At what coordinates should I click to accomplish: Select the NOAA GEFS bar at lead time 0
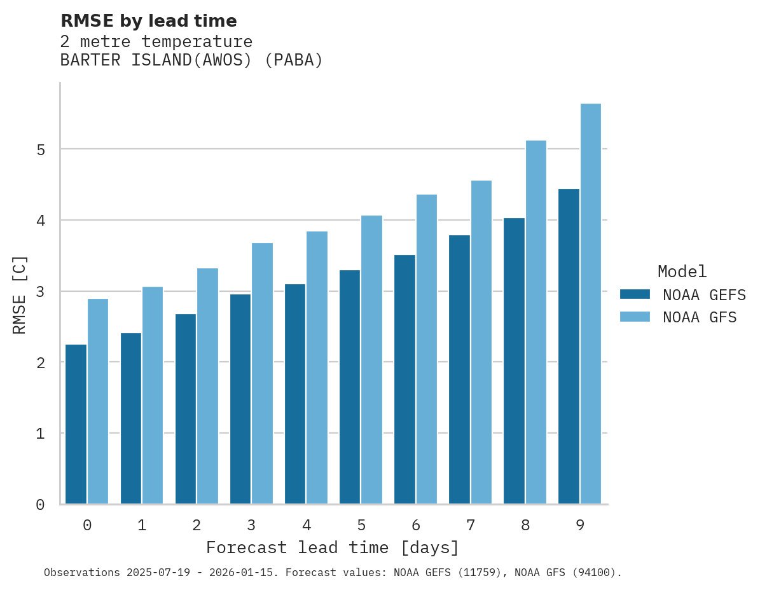pos(76,424)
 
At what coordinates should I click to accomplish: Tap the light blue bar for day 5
pos(372,359)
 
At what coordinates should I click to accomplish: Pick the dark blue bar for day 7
pos(459,369)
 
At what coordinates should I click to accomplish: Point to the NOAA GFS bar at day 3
pos(263,373)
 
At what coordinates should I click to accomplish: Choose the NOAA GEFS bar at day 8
pos(514,360)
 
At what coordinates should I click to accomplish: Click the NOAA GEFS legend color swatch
pos(635,294)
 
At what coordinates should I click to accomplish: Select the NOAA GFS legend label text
pos(700,317)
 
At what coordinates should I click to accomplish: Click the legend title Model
pos(682,271)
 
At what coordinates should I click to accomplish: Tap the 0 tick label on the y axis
pos(40,505)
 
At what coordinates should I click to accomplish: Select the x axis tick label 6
pos(416,525)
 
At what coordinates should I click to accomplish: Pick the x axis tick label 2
pos(197,525)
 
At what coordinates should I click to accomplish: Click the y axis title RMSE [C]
pos(20,294)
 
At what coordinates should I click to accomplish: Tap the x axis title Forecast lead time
pos(332,547)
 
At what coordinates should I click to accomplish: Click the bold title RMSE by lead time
pos(148,21)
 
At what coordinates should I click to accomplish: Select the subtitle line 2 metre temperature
pos(156,42)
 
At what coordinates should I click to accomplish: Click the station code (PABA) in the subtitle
pos(294,60)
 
